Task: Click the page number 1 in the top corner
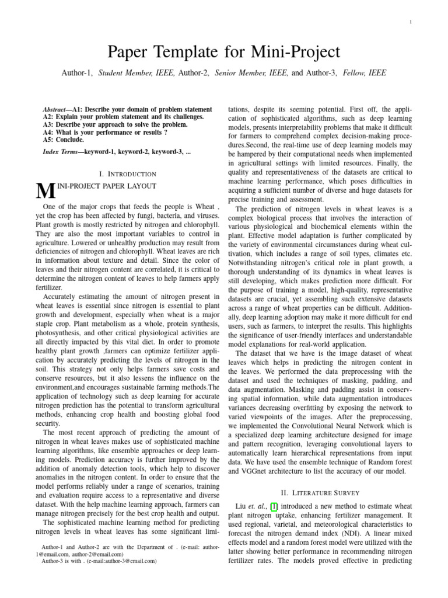[411, 22]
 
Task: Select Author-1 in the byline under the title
[77, 73]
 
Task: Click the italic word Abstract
[54, 109]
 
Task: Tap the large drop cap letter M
[44, 190]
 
